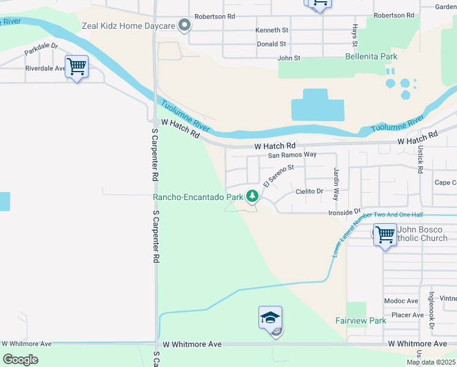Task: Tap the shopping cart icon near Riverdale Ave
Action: (77, 66)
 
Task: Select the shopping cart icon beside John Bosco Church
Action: (385, 234)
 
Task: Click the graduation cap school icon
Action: (270, 318)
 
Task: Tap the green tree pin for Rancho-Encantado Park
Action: (252, 196)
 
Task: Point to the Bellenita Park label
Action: (371, 57)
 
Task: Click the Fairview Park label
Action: (361, 321)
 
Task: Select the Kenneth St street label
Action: (272, 30)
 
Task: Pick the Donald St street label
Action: (271, 44)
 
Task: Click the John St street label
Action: (289, 58)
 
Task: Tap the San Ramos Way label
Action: (292, 155)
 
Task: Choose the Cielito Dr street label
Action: (309, 191)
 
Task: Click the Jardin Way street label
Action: (335, 185)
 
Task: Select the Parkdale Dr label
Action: (41, 50)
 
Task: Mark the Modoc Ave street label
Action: (401, 301)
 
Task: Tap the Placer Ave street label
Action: (408, 315)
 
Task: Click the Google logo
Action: (20, 359)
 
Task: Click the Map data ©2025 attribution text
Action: (431, 362)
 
